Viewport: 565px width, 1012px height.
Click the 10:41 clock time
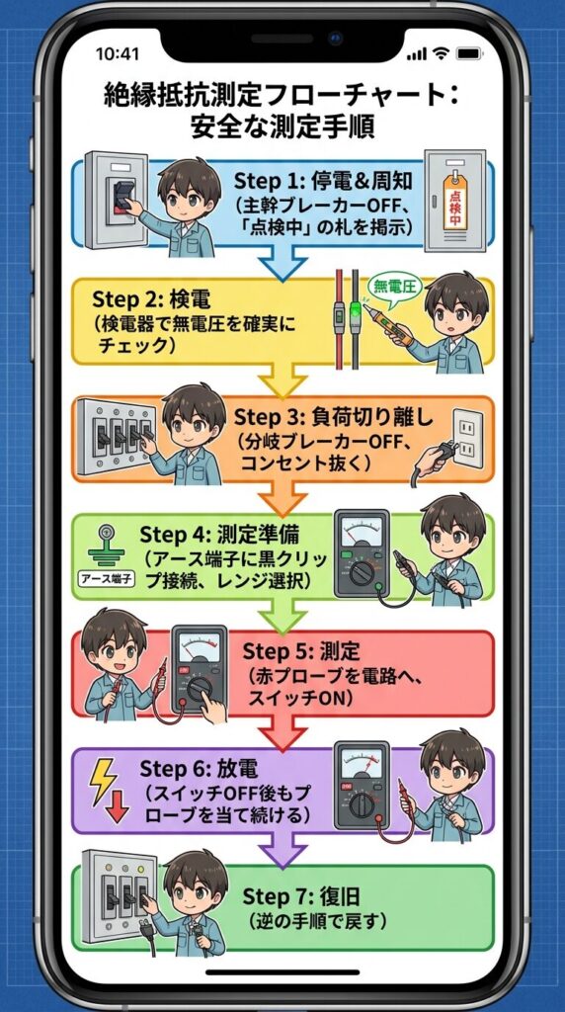(x=118, y=54)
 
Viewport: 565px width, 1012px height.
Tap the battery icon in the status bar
(x=472, y=53)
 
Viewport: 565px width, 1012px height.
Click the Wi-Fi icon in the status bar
(x=442, y=53)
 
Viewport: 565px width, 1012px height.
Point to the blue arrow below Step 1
(x=282, y=264)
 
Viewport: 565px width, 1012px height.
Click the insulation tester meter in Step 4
(x=362, y=553)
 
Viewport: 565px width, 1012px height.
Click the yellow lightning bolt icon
(x=103, y=780)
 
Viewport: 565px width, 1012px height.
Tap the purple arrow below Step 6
(x=282, y=851)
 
